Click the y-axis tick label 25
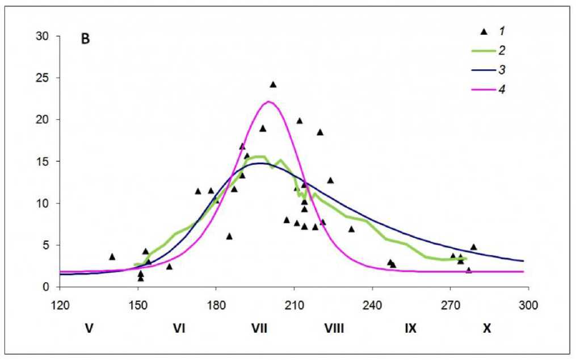tap(44, 78)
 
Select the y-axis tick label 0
tap(47, 287)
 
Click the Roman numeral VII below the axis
tap(259, 328)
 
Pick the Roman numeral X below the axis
tap(486, 328)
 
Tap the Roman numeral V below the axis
tap(89, 328)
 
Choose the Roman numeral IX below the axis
tap(411, 328)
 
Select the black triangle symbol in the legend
tap(484, 31)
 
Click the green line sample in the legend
tap(482, 51)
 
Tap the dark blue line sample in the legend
tap(482, 70)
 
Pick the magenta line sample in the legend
tap(482, 89)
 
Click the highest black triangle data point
tap(273, 85)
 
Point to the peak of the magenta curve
tap(268, 102)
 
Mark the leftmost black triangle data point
tap(112, 257)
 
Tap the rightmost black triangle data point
tap(473, 247)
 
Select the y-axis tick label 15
tap(44, 162)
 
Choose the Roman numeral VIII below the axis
tap(334, 328)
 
